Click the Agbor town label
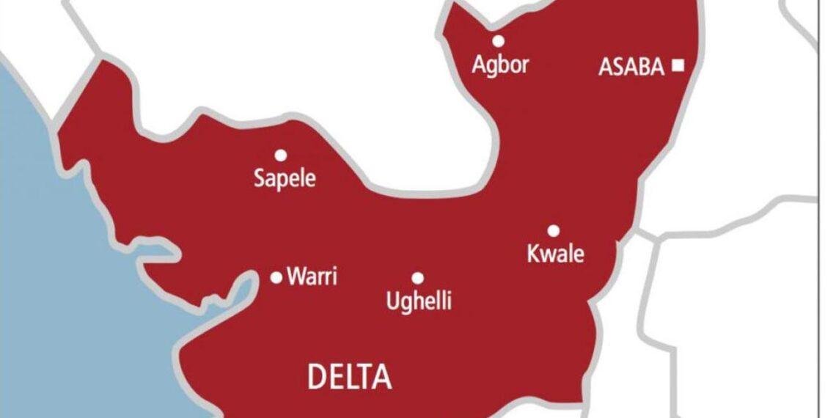(500, 65)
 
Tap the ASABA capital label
(631, 67)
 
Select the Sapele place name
(285, 177)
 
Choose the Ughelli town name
(419, 301)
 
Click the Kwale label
(556, 254)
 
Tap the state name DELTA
(349, 378)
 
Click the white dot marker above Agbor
(499, 41)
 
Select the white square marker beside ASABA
(678, 66)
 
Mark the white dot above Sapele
(280, 155)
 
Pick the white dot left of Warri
(276, 277)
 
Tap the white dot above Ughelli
(417, 278)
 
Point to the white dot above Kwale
(553, 230)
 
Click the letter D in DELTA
(316, 378)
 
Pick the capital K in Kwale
(533, 254)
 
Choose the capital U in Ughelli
(392, 300)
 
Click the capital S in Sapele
(260, 177)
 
